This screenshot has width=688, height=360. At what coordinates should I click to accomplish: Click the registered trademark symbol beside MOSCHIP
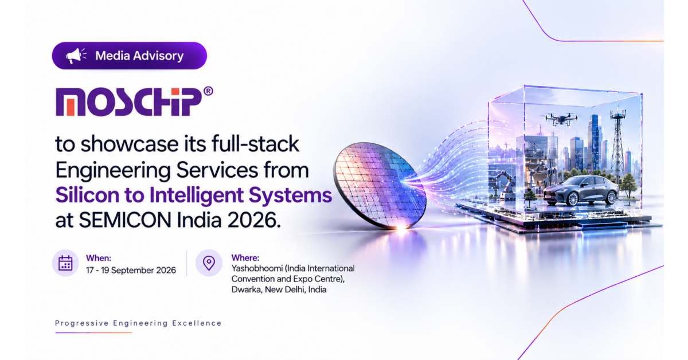(x=208, y=91)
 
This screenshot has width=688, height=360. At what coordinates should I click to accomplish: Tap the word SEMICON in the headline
(x=125, y=220)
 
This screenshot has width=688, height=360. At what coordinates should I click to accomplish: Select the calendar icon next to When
(x=65, y=263)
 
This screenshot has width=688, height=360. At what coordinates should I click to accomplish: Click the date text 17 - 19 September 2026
(x=131, y=271)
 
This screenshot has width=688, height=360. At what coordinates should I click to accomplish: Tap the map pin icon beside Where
(x=209, y=263)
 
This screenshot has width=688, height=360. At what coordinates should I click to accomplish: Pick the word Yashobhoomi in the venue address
(x=257, y=269)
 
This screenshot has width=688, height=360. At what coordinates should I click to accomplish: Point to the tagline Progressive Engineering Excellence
(x=138, y=323)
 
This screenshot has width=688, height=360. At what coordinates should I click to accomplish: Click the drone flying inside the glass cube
(x=561, y=119)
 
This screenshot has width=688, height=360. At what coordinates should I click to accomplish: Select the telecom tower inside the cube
(x=617, y=141)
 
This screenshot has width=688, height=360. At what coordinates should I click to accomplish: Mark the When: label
(x=99, y=258)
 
